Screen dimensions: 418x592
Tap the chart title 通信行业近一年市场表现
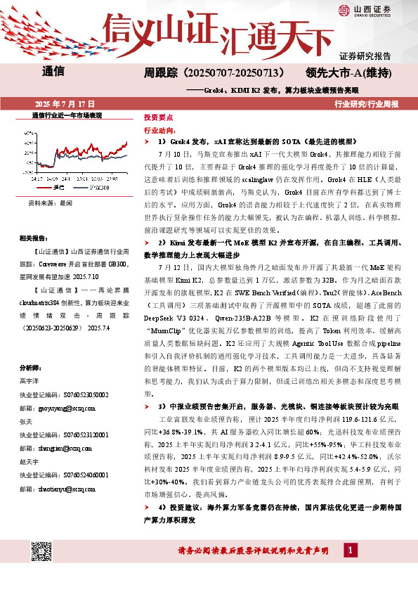pyautogui.click(x=67, y=114)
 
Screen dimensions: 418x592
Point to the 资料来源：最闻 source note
pyautogui.click(x=50, y=202)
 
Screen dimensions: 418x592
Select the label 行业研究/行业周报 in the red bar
pyautogui.click(x=366, y=103)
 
